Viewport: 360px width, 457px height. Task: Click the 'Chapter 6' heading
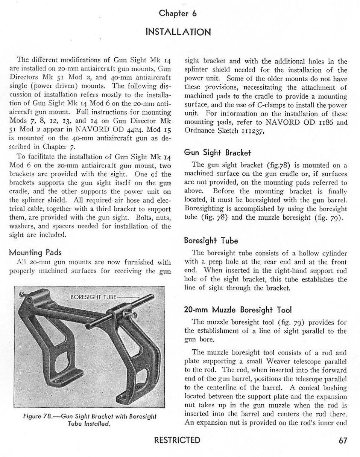178,14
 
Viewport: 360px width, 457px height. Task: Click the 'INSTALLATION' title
178,31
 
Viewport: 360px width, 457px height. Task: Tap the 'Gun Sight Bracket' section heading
217,152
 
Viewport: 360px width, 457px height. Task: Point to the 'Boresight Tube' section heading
211,240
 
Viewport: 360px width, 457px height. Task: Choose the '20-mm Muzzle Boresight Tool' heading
238,310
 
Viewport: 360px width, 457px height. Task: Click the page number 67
343,441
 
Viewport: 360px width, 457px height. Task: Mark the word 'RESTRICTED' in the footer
178,440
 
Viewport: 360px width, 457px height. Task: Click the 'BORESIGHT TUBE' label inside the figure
94,297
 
